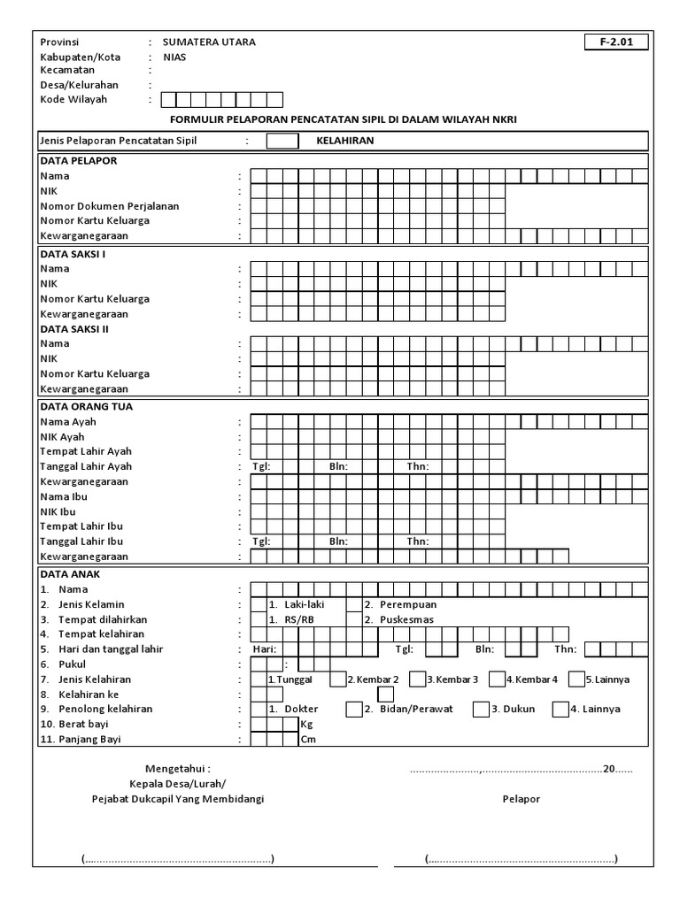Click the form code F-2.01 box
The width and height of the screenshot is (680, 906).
(616, 42)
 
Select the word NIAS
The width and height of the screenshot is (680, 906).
(175, 57)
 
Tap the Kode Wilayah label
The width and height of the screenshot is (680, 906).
(73, 99)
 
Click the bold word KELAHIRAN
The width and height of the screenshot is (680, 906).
(345, 141)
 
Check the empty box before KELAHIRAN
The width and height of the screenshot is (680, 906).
(282, 141)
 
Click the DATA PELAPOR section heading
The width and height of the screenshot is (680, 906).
(79, 161)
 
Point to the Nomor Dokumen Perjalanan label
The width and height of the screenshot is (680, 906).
(110, 206)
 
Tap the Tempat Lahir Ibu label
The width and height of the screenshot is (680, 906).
(81, 526)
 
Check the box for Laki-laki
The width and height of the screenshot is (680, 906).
(259, 604)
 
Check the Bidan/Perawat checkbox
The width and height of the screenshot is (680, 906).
(354, 709)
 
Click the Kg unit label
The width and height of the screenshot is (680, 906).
(307, 724)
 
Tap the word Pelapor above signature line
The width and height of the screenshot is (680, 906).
(522, 799)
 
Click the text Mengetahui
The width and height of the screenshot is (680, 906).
(178, 770)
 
